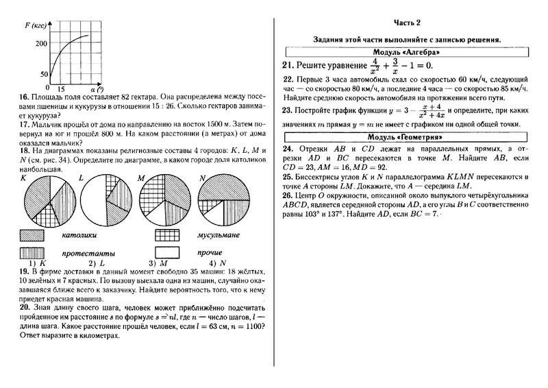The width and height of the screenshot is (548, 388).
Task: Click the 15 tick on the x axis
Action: tap(61, 90)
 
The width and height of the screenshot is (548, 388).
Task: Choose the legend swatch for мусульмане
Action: tap(168, 235)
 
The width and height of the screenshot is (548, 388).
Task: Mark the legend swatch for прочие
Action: tap(168, 252)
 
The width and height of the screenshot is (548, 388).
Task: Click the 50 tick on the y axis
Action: tap(43, 74)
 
